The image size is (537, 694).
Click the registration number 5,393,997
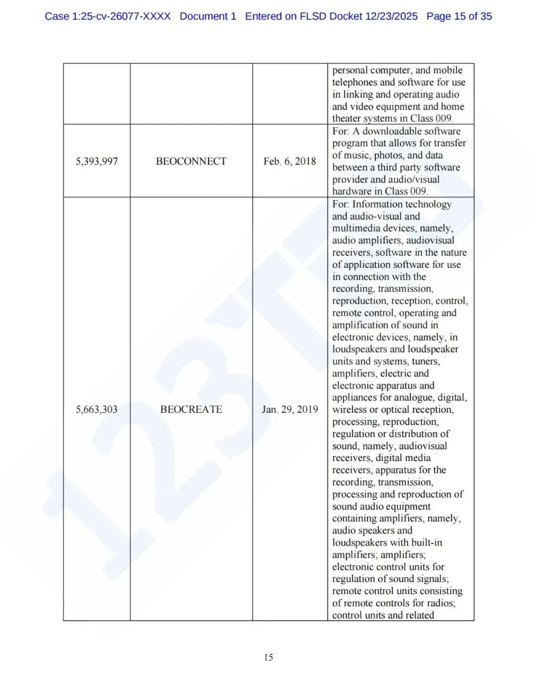coord(96,161)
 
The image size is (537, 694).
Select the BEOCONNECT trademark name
coord(191,161)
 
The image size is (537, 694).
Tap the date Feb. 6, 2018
coord(289,161)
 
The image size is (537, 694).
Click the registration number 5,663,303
coord(96,409)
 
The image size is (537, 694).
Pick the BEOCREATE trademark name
coord(191,409)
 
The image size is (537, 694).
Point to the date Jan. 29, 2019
coord(289,409)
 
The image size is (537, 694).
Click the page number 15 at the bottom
coord(268,657)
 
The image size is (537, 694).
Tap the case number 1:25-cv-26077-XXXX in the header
coord(121,16)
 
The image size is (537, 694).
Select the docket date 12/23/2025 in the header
coord(391,16)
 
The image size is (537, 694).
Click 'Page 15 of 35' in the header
coord(459,16)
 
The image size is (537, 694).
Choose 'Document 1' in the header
coord(208,16)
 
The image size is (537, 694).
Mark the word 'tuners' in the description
coord(425,361)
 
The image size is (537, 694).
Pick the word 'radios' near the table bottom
coord(439,603)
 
